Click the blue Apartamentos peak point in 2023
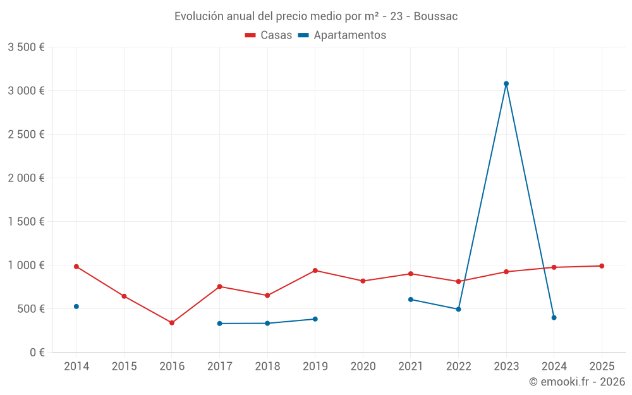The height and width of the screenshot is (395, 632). point(506,83)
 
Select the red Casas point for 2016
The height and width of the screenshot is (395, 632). point(172,323)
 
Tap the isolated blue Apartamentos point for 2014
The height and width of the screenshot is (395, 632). point(76,307)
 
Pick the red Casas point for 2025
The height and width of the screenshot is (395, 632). point(602,266)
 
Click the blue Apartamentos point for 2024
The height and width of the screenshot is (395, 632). point(554,318)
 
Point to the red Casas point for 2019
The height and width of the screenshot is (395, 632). point(315,270)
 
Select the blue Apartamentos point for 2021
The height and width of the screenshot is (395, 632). point(411,300)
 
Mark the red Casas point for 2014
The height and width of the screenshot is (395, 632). point(76,267)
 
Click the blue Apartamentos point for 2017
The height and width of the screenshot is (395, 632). point(220,324)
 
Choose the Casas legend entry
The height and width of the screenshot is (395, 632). point(269,35)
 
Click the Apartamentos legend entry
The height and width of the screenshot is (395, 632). point(342,35)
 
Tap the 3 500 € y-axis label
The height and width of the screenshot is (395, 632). point(26,47)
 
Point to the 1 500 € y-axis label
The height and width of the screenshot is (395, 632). point(26,222)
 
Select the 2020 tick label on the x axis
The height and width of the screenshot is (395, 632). point(363,367)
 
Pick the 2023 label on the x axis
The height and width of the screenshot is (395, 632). point(506,367)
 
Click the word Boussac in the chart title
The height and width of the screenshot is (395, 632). point(435,16)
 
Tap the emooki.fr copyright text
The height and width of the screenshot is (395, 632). point(577,382)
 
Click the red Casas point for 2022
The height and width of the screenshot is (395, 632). point(458,281)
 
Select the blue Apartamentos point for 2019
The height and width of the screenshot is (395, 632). point(315,319)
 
